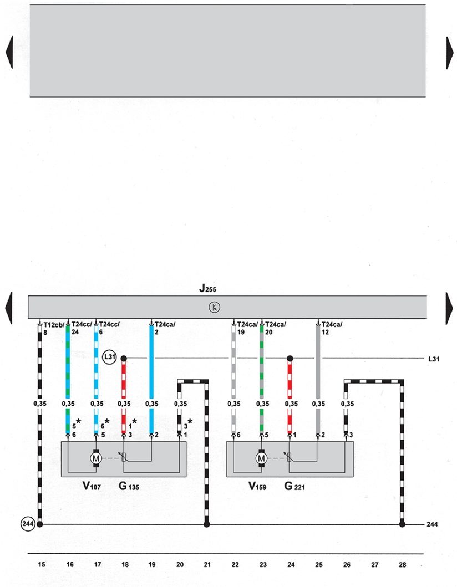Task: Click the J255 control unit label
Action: (210, 289)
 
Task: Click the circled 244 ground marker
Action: (28, 523)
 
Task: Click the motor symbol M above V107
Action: (95, 458)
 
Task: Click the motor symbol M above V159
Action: (261, 458)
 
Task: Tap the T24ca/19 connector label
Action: (247, 329)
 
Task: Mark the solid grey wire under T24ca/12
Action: (318, 366)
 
